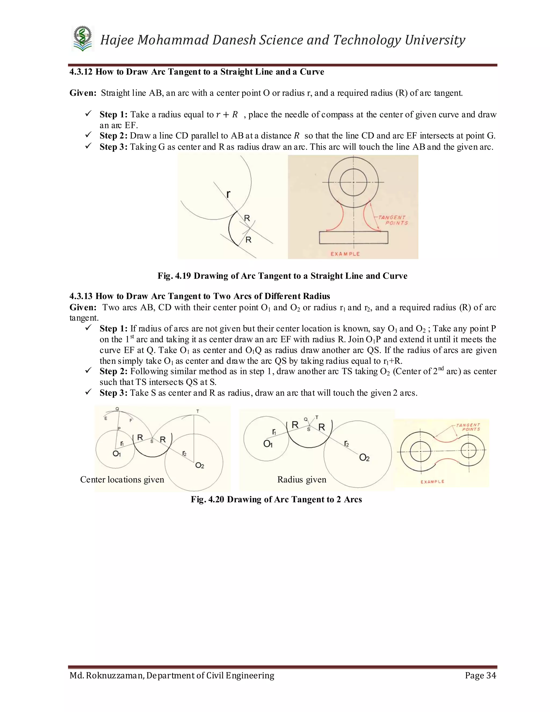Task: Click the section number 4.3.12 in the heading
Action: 81,72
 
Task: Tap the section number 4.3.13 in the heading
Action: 81,296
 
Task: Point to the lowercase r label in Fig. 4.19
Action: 228,195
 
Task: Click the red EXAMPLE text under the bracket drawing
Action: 345,254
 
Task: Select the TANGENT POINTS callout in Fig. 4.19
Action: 393,220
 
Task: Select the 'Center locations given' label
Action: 122,480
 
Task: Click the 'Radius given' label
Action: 302,480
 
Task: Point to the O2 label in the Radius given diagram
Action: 364,458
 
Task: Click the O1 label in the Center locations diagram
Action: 117,454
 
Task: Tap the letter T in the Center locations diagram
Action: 198,411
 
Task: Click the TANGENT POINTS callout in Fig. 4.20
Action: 468,427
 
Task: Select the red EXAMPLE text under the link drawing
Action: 432,481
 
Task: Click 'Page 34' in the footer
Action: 480,675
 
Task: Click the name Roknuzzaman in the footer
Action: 115,675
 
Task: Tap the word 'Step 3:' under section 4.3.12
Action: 113,147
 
